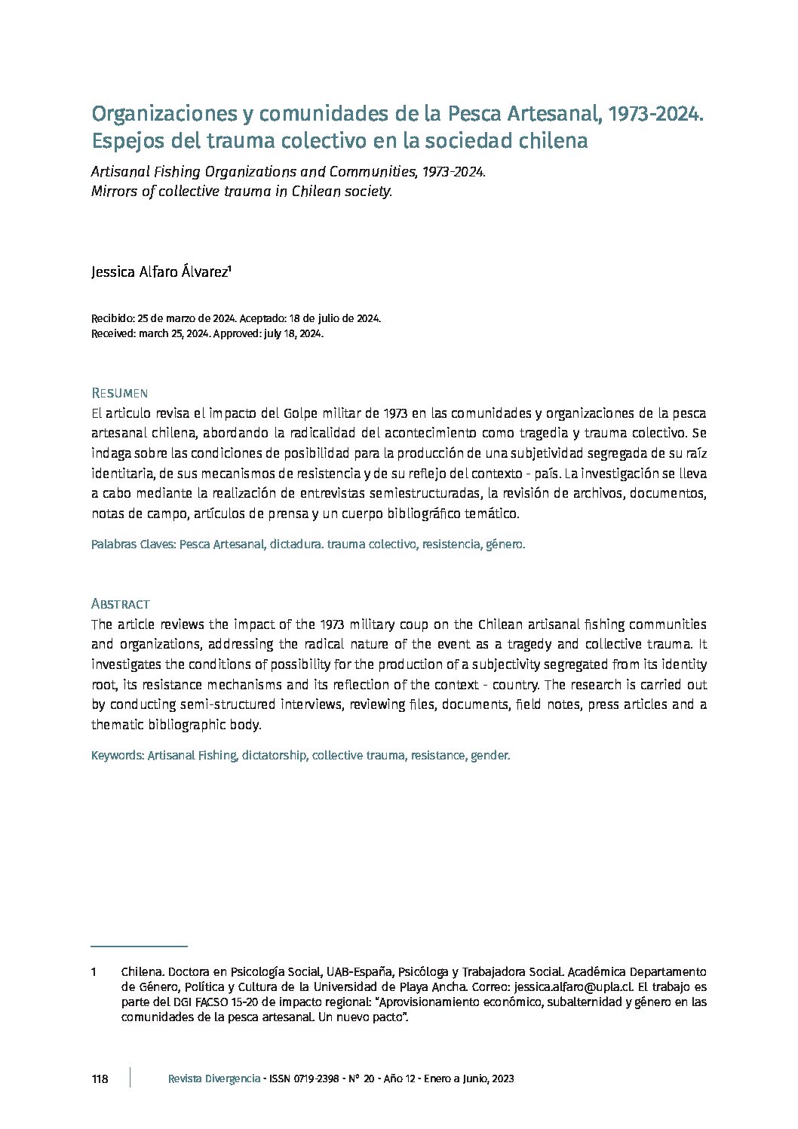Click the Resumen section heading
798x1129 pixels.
119,393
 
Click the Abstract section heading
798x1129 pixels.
120,604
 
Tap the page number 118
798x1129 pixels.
100,1079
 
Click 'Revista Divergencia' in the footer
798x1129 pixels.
214,1079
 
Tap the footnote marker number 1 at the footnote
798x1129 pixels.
94,972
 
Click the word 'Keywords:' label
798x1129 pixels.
118,755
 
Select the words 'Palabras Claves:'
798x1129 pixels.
134,544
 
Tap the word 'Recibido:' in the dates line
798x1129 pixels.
112,318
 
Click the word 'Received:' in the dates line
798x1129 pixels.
113,333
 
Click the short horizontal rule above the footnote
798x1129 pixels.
139,946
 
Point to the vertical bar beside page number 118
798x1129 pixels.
130,1078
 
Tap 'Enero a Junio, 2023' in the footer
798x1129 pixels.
468,1079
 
